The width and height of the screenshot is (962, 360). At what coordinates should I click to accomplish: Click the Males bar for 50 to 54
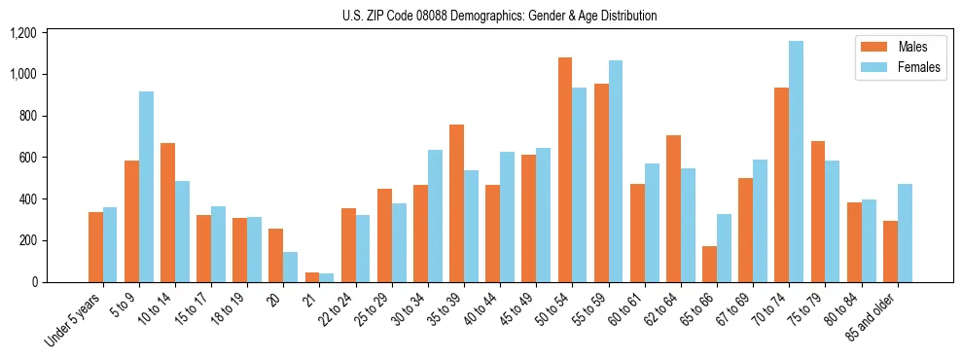565,170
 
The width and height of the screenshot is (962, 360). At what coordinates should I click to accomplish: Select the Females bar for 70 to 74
796,162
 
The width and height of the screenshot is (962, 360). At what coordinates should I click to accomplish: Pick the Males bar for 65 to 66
709,264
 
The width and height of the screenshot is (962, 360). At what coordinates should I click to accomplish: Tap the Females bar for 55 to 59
616,171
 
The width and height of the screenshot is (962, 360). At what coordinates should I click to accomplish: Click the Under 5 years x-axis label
74,317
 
